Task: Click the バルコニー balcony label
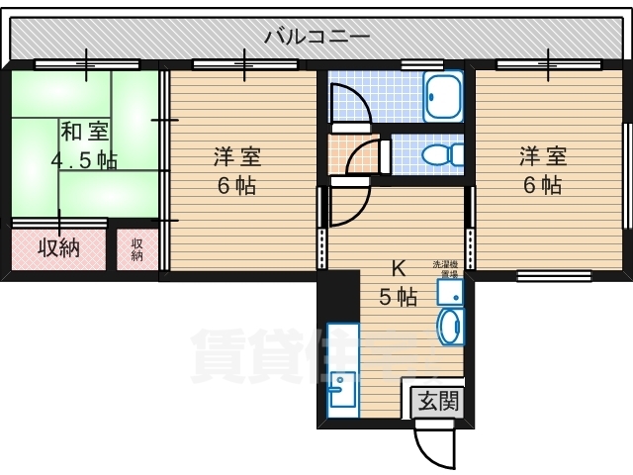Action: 316,38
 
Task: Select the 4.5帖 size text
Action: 84,158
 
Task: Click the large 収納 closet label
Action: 58,247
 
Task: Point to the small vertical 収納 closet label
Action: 137,249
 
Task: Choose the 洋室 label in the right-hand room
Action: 544,156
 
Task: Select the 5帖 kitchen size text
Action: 399,295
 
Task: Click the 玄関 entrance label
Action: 436,401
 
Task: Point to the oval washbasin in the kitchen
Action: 449,327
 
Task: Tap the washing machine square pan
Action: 450,291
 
